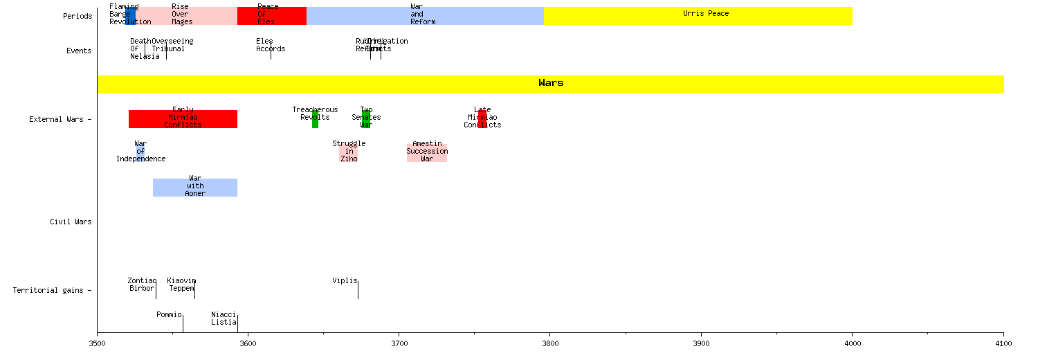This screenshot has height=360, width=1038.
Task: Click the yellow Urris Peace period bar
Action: [x=698, y=16]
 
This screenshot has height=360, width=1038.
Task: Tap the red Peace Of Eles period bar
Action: [x=271, y=16]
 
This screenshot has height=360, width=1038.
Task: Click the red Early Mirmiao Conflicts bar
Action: [x=183, y=119]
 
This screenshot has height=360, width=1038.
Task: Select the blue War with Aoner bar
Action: [x=195, y=188]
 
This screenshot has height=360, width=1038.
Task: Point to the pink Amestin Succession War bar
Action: [x=427, y=153]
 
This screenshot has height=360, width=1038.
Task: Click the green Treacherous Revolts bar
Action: [x=315, y=119]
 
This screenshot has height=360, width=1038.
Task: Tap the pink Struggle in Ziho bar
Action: [x=349, y=153]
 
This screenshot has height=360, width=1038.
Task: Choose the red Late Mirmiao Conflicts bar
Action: [x=482, y=119]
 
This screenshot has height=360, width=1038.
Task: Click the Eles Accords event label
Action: [x=270, y=45]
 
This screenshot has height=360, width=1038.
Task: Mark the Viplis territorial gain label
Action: [x=345, y=280]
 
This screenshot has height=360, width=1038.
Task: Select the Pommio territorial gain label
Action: [x=169, y=314]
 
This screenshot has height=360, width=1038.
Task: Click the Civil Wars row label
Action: [x=71, y=222]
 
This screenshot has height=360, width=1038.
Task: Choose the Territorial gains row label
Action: [x=52, y=290]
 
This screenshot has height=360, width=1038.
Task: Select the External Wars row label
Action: [x=60, y=120]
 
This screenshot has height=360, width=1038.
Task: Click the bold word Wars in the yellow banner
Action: [x=551, y=83]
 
